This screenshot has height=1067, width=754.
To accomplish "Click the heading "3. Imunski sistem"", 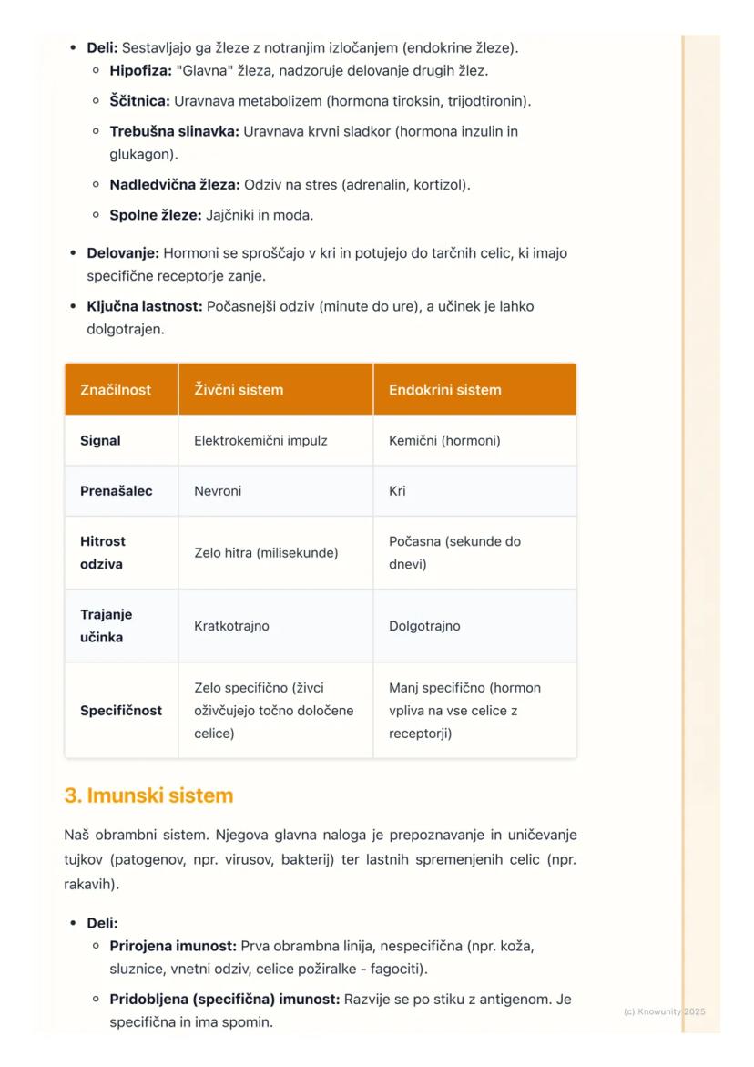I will coord(148,795).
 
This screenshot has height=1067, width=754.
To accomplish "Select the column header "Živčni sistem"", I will coord(239,390).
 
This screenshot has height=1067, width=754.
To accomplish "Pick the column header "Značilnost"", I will coord(116,390).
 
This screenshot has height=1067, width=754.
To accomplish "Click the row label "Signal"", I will coord(100,441).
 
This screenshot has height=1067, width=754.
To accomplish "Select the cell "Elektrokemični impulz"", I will coord(260,441).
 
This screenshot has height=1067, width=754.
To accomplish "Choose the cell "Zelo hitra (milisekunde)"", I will coord(266,553).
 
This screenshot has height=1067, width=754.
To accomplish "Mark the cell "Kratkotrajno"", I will coord(231,626).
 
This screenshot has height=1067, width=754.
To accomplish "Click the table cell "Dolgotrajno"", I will coord(424,626).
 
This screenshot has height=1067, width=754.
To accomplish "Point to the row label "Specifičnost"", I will coord(121,711).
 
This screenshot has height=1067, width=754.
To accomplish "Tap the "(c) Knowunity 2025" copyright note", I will coord(664,1011).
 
